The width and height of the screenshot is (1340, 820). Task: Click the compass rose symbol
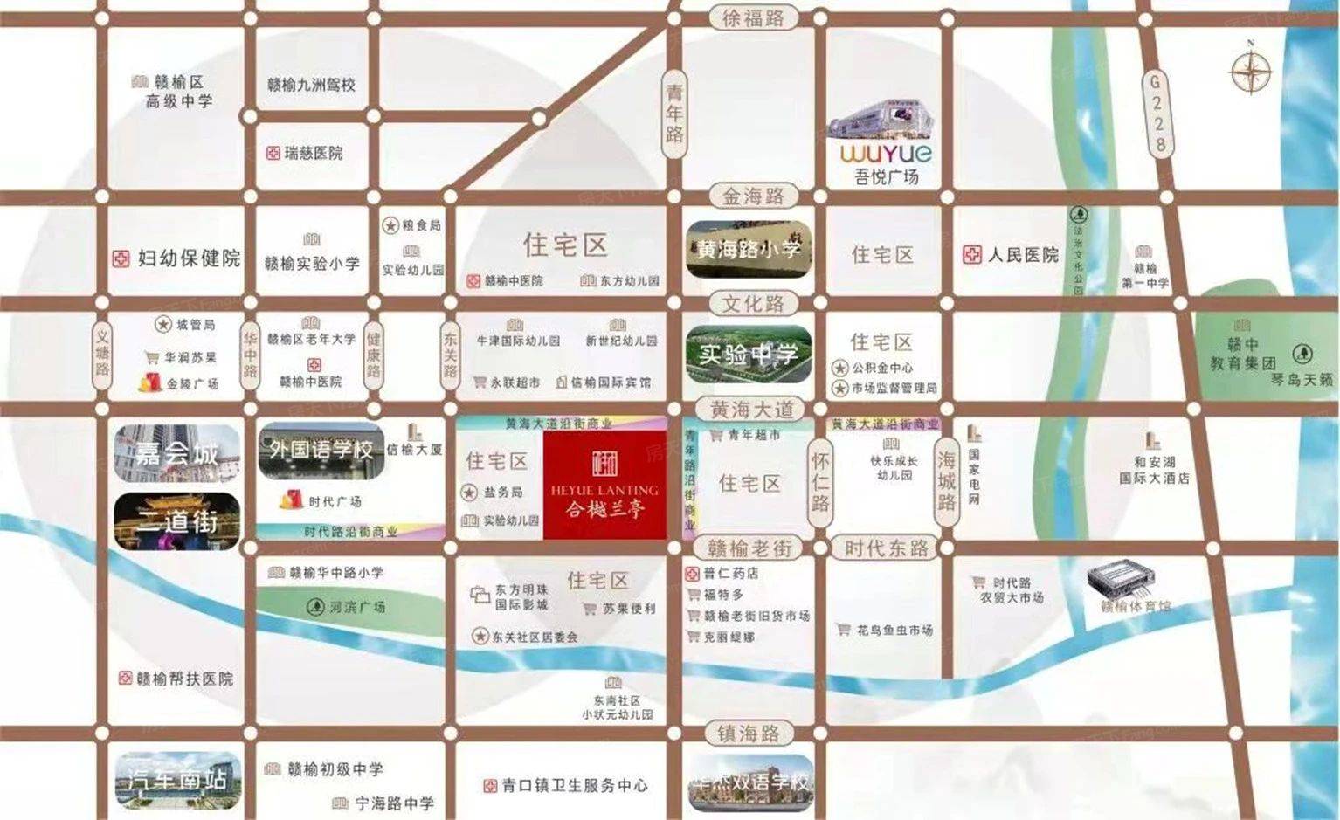click(x=1251, y=71)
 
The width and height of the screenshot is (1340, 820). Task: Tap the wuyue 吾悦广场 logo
click(x=886, y=154)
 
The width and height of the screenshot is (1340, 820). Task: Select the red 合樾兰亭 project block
click(x=604, y=485)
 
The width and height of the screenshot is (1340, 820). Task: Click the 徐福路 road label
click(x=753, y=17)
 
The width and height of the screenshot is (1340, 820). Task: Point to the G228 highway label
click(x=1157, y=114)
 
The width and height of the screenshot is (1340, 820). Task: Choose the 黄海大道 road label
click(x=752, y=409)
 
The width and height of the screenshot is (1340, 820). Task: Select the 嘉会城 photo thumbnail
click(x=177, y=453)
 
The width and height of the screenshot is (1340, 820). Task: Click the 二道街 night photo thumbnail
click(x=177, y=521)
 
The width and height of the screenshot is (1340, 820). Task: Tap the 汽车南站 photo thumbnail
click(x=177, y=779)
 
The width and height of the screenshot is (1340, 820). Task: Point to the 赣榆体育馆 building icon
click(x=1122, y=580)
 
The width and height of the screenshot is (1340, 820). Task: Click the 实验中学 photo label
click(x=749, y=355)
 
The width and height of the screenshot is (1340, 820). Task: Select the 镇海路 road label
click(x=749, y=734)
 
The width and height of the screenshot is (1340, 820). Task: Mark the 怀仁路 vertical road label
click(x=820, y=482)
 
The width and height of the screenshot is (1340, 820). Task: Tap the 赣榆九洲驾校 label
click(x=311, y=85)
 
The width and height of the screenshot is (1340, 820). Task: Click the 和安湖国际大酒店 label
click(x=1154, y=470)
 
